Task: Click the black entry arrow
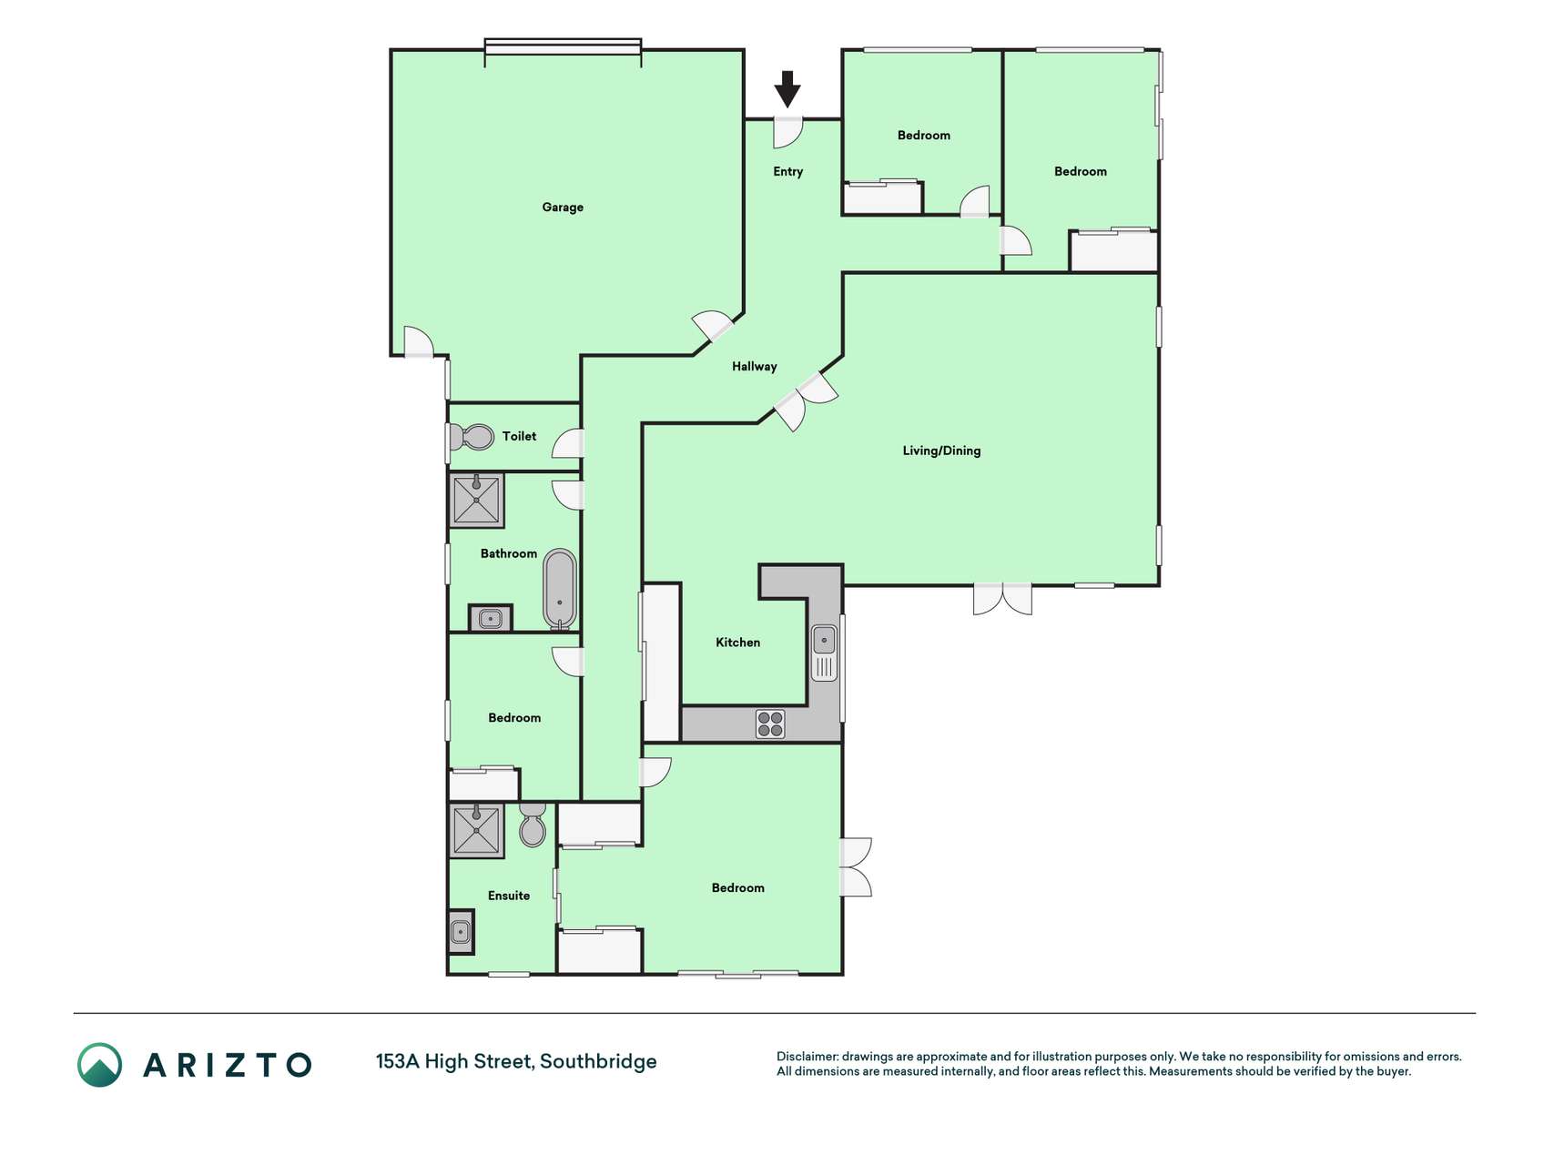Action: tap(787, 89)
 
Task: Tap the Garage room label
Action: tap(563, 208)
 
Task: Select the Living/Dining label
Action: tap(941, 451)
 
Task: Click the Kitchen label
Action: tap(737, 643)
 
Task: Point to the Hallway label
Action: tap(754, 367)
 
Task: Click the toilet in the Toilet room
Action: tap(472, 437)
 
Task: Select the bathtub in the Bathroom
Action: tap(560, 589)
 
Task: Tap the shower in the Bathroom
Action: tap(476, 500)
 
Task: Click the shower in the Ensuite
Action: tap(476, 830)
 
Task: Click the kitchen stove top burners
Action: tap(770, 724)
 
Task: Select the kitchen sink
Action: tap(824, 652)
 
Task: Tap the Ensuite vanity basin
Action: tap(462, 932)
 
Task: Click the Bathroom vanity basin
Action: tap(490, 619)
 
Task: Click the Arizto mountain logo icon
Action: tap(99, 1065)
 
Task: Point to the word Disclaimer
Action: tap(807, 1057)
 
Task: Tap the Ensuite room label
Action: tap(509, 896)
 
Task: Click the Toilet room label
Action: tap(519, 437)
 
